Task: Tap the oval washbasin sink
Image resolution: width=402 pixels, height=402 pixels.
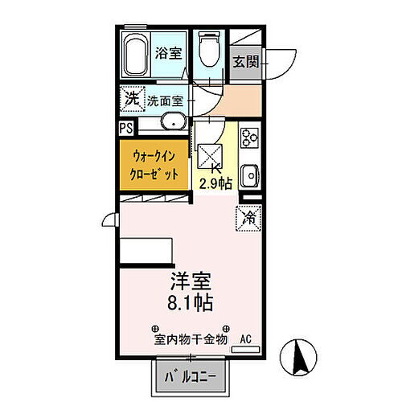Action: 174,123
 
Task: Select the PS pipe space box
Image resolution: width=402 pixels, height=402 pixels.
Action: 126,126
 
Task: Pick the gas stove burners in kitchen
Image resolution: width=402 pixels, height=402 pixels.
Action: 248,137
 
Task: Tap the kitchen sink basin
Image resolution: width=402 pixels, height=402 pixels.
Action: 249,173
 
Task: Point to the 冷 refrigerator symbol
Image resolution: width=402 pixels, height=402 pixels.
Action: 248,216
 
